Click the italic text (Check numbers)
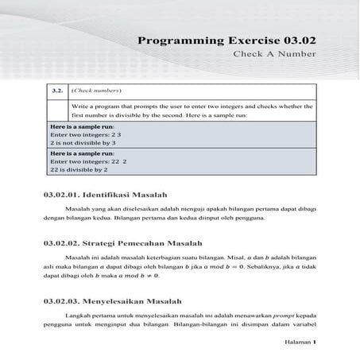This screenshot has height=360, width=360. pyautogui.click(x=96, y=91)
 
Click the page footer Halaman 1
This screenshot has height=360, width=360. pyautogui.click(x=300, y=343)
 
